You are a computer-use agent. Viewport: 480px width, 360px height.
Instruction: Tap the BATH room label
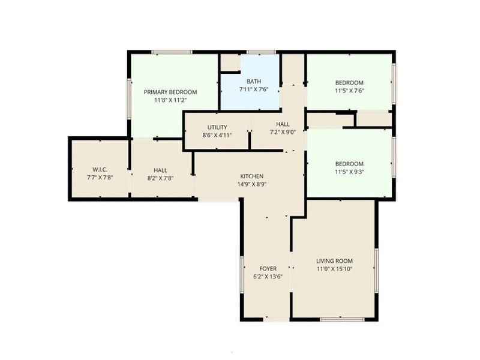253,81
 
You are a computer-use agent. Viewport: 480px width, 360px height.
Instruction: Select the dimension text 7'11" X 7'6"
253,89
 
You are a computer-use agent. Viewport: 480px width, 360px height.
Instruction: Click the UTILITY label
217,127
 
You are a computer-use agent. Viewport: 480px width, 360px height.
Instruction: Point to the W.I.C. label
100,169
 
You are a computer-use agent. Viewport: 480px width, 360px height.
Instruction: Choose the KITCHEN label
252,176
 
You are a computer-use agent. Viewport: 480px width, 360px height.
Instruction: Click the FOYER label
268,268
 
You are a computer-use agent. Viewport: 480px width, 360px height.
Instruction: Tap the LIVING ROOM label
334,261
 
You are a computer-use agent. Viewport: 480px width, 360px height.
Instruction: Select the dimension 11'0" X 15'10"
334,269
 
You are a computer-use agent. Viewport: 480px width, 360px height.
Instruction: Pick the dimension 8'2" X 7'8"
160,178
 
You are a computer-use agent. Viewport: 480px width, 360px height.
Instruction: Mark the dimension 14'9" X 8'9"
252,184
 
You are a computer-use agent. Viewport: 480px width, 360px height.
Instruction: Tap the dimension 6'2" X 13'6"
268,277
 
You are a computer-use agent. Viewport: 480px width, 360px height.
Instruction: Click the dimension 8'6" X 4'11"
217,136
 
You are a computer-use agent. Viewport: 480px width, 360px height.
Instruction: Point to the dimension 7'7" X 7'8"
100,178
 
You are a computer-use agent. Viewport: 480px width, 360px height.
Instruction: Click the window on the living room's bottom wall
342,319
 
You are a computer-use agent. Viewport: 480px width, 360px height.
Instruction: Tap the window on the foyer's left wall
242,275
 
